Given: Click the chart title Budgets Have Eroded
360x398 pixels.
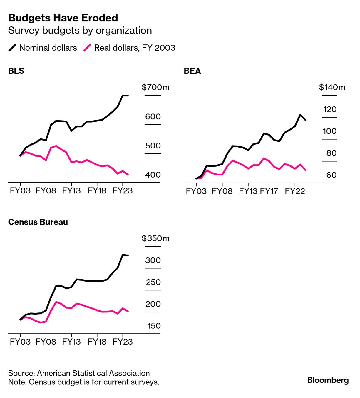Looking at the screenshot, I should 63,18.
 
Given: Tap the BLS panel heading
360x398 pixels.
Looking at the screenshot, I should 16,71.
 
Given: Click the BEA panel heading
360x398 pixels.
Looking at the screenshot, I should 192,71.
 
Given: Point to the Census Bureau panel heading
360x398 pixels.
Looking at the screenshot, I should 38,222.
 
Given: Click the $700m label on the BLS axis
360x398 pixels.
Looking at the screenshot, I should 155,87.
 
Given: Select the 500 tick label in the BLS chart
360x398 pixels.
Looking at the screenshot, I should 153,146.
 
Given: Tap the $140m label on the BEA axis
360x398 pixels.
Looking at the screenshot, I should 332,87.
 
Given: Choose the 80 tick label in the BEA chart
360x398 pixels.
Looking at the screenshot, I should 331,153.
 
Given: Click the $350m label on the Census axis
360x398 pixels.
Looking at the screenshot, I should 155,238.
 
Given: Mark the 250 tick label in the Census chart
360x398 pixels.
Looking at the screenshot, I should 153,282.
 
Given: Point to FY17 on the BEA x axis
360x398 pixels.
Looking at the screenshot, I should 269,191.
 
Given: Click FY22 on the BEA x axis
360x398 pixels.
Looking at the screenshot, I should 295,191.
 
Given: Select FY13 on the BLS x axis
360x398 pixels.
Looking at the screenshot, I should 71,191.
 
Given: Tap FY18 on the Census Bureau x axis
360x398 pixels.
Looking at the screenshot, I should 97,342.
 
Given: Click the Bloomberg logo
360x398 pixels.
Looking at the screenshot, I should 328,380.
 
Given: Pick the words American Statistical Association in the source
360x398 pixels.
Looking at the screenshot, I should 93,373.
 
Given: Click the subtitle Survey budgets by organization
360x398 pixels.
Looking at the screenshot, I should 80,31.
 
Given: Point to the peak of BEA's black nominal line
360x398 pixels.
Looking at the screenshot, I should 300,115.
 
